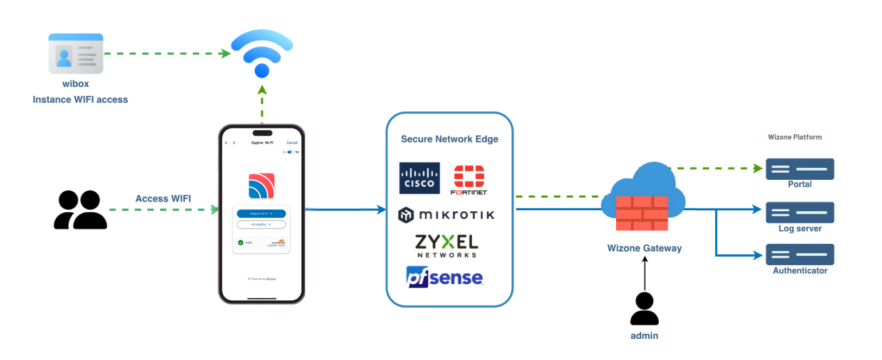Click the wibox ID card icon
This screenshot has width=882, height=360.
tap(76, 53)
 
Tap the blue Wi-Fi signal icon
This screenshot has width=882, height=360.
tap(262, 54)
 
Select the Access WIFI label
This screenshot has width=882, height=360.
tap(163, 199)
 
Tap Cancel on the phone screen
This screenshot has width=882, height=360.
tap(292, 142)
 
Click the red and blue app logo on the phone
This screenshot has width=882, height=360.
tap(261, 186)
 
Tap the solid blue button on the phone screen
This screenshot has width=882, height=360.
tap(261, 214)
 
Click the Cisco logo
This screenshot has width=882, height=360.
tap(419, 178)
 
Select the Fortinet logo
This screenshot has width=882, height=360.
tap(469, 180)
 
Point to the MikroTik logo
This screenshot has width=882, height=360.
tap(446, 215)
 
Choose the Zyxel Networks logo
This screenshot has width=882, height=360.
tap(446, 246)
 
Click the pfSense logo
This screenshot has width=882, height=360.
tap(445, 277)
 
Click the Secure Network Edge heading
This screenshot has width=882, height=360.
tap(449, 139)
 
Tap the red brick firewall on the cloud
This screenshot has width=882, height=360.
tap(643, 213)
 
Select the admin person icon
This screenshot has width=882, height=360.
tap(644, 309)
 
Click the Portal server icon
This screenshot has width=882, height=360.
tap(800, 169)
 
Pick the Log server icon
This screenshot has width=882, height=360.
tap(800, 212)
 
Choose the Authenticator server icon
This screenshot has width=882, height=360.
tap(800, 254)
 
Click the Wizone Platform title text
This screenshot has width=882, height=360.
tap(795, 137)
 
